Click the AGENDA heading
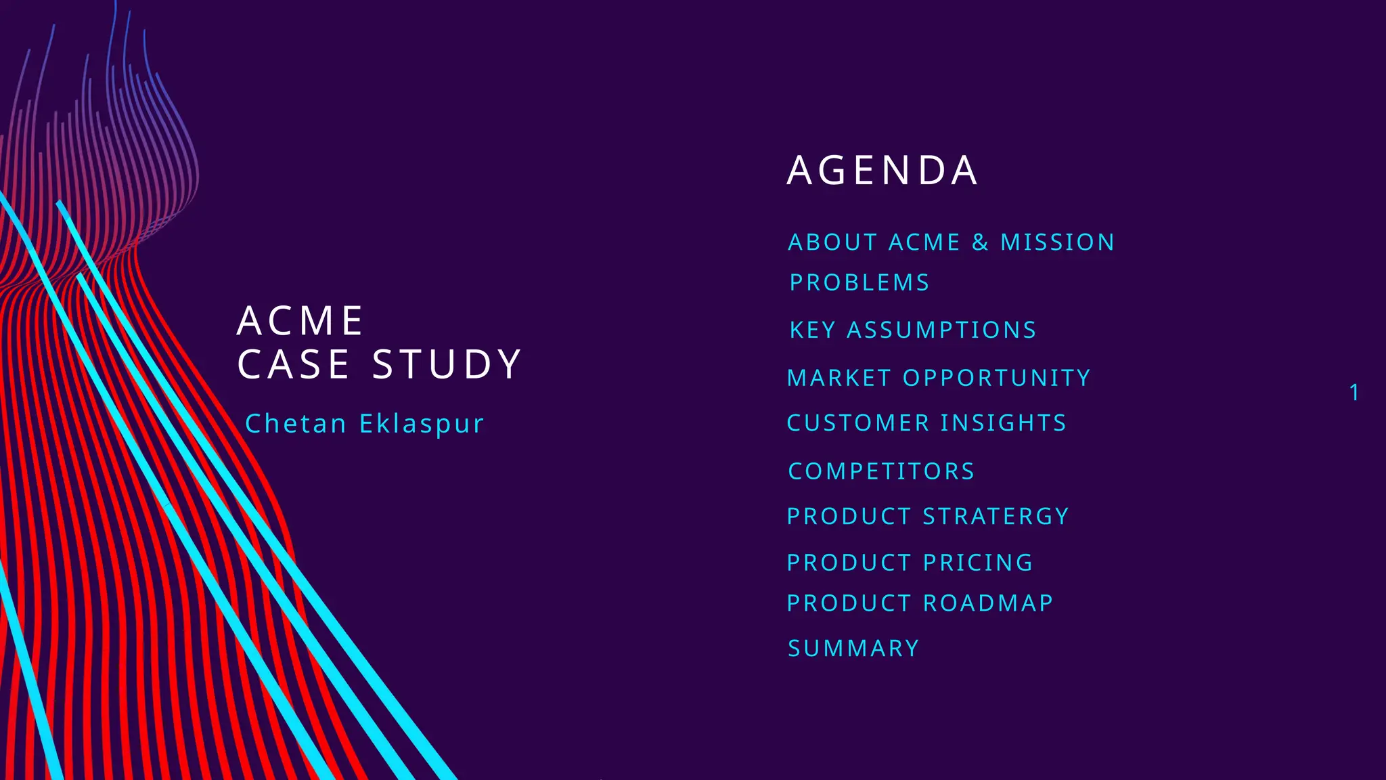pyautogui.click(x=882, y=170)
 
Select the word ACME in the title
pyautogui.click(x=300, y=321)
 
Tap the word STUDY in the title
pyautogui.click(x=447, y=364)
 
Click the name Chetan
pyautogui.click(x=296, y=424)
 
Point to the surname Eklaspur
pyautogui.click(x=422, y=425)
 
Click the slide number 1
pyautogui.click(x=1354, y=393)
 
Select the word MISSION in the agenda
pyautogui.click(x=1057, y=242)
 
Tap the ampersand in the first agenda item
pyautogui.click(x=980, y=242)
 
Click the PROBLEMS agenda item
pyautogui.click(x=859, y=282)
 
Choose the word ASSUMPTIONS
pyautogui.click(x=941, y=330)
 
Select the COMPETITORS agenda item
pyautogui.click(x=881, y=471)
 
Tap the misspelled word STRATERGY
pyautogui.click(x=996, y=517)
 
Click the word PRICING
pyautogui.click(x=978, y=563)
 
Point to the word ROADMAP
pyautogui.click(x=988, y=603)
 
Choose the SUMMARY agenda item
pyautogui.click(x=853, y=649)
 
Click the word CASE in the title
pyautogui.click(x=293, y=364)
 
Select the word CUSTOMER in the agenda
pyautogui.click(x=858, y=423)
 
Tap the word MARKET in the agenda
pyautogui.click(x=839, y=378)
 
